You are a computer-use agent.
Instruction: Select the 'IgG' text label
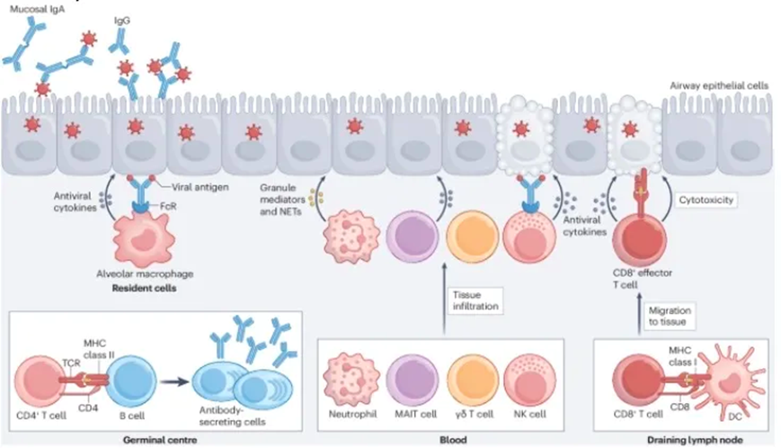coord(121,18)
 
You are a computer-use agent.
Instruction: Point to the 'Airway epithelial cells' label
coord(720,85)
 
